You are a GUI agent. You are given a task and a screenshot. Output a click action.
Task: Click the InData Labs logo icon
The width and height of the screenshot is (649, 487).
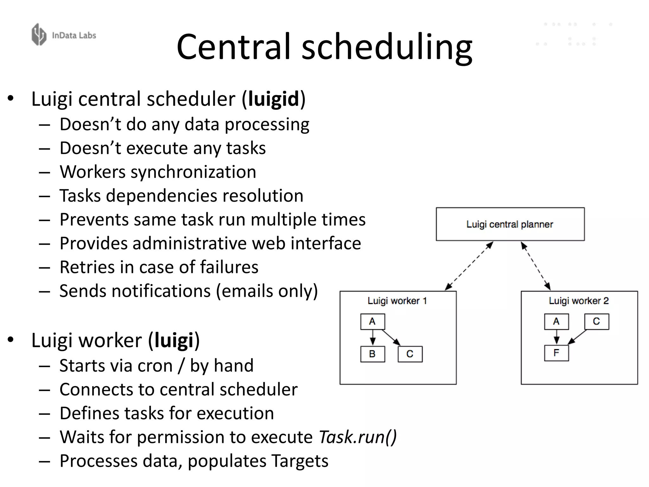click(x=39, y=35)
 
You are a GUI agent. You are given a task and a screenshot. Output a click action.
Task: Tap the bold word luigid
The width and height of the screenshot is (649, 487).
click(x=273, y=99)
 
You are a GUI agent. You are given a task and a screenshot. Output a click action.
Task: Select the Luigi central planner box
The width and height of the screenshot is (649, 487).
click(x=510, y=224)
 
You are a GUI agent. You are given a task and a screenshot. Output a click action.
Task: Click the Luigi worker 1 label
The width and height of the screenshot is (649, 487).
click(x=397, y=301)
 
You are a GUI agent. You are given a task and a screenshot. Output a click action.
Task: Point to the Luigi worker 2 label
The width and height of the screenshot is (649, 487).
click(x=579, y=301)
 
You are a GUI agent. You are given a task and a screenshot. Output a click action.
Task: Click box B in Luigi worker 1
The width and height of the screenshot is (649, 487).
click(x=373, y=354)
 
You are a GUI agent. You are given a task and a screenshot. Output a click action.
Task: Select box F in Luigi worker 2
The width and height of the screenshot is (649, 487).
click(x=556, y=353)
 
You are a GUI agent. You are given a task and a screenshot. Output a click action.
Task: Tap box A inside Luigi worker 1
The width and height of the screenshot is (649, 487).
click(x=373, y=321)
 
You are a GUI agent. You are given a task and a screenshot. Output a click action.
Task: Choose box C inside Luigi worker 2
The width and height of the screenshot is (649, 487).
click(x=596, y=321)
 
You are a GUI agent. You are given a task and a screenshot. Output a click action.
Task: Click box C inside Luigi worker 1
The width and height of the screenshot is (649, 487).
click(x=410, y=354)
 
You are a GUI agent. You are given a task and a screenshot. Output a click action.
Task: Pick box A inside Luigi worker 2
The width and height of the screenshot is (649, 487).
click(x=556, y=321)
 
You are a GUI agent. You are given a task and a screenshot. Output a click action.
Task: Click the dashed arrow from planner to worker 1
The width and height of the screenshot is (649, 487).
click(x=469, y=266)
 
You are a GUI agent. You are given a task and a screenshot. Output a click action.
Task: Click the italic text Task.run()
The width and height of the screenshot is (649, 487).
click(x=357, y=437)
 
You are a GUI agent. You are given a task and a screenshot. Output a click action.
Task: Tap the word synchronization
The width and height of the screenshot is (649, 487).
click(x=193, y=172)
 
